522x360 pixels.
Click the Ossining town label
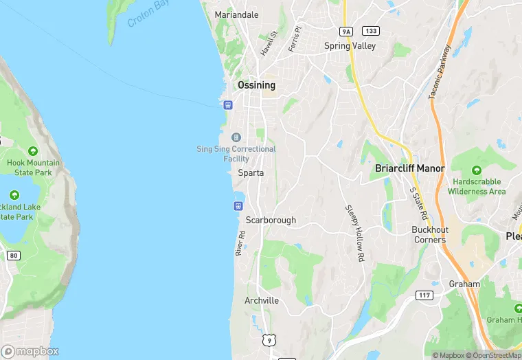pos(256,85)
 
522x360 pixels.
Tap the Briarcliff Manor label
pos(409,168)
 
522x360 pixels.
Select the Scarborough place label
pos(271,221)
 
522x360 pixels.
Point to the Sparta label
pos(251,173)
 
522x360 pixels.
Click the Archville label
pos(262,301)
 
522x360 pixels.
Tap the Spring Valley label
pos(350,46)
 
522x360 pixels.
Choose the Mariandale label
pos(236,14)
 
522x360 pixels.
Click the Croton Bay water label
pos(148,14)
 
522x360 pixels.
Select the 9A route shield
pos(346,31)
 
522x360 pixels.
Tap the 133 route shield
pos(371,31)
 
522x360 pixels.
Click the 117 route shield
pos(424,295)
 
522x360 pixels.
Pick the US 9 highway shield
pos(269,339)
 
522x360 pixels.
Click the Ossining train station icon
pos(228,105)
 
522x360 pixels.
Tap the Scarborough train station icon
pos(239,205)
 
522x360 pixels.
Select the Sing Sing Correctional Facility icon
pos(236,137)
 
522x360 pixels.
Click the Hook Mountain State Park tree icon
pos(33,151)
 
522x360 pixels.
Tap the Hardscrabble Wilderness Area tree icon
pos(477,170)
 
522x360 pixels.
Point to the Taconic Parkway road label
pos(440,72)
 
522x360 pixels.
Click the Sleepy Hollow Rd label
pos(354,233)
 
